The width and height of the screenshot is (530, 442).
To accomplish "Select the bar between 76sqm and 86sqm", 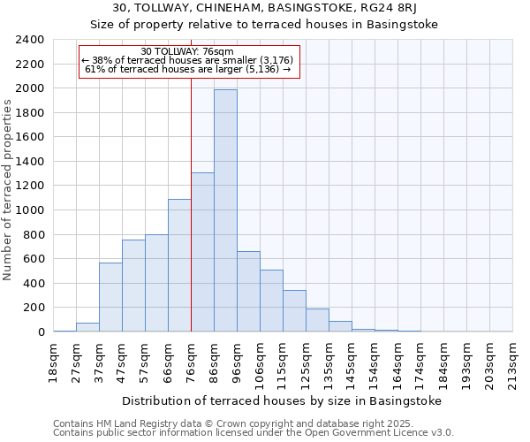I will click(x=202, y=252).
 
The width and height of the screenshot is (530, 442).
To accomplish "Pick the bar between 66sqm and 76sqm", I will click(x=179, y=265).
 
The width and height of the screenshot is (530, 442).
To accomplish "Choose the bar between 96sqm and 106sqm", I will click(x=248, y=292).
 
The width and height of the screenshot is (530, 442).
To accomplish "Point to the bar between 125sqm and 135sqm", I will click(x=317, y=320).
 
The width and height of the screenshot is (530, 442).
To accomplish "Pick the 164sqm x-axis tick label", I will click(x=398, y=363).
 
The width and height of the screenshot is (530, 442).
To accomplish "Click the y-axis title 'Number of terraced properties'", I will click(x=9, y=190).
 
